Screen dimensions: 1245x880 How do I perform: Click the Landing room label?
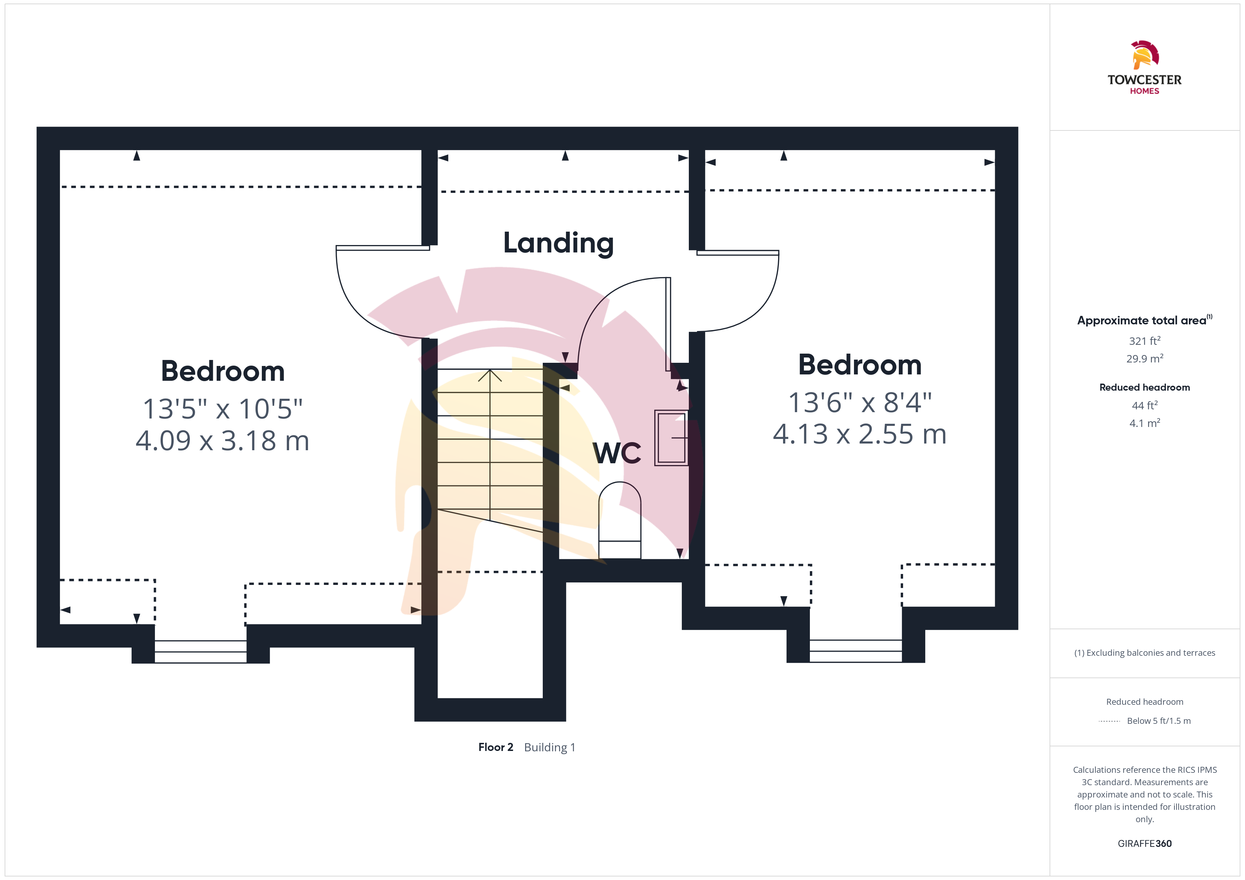coord(559,243)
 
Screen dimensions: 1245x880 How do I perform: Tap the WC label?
coord(617,453)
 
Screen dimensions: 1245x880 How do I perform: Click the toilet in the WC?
coord(620,520)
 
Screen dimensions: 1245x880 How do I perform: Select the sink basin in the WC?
coord(671,438)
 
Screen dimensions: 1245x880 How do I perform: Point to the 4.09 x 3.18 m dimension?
coord(222,441)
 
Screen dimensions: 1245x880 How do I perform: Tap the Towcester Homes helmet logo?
coord(1145,55)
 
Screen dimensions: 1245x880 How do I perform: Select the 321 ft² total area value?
coord(1145,341)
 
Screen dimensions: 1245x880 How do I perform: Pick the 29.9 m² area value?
coord(1145,359)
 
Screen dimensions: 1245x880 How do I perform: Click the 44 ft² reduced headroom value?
coord(1145,405)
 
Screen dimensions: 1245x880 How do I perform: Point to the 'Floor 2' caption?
coord(495,747)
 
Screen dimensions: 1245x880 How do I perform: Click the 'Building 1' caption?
coord(549,748)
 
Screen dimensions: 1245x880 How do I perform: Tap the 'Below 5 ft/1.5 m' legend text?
coord(1159,721)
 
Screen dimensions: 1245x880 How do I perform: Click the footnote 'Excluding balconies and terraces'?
coord(1151,653)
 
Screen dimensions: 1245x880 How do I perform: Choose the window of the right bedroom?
coord(856,651)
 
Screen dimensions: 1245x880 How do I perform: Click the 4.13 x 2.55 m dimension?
coord(859,434)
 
